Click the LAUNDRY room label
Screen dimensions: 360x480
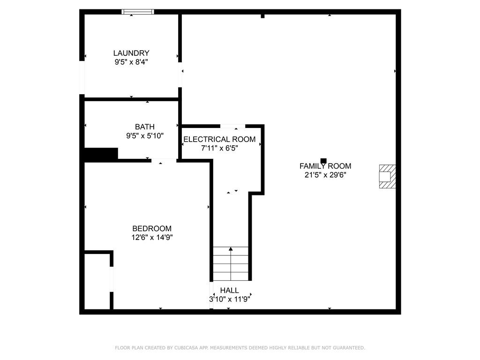(131, 53)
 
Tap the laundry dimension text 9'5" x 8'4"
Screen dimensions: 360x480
(131, 62)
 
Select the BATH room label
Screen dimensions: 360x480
(144, 127)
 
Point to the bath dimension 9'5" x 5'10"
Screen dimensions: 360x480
(144, 136)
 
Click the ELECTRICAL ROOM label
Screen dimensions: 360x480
(219, 139)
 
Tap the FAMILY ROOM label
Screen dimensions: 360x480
(325, 166)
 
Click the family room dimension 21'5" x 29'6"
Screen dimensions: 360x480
(325, 175)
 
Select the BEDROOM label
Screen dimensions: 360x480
(151, 229)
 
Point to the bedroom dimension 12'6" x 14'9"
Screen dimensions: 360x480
(151, 237)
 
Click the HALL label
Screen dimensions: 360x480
(229, 291)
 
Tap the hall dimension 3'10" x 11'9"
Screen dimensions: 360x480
(229, 299)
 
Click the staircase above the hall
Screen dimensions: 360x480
(231, 263)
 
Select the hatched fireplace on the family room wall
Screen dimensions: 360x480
(387, 176)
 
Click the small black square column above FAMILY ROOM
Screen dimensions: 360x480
(323, 160)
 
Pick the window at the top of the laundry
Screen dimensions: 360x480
(138, 12)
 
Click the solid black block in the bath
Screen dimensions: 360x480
(101, 154)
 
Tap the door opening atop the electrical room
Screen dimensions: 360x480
(232, 126)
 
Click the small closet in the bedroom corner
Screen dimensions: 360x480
(97, 281)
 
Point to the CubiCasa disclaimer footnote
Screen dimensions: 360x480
(240, 348)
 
